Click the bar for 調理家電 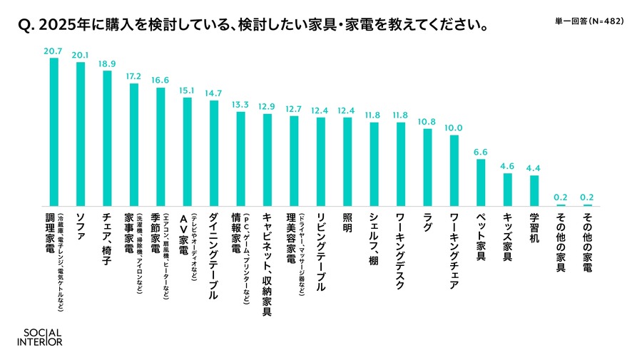point(53,132)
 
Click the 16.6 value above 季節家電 point(160,81)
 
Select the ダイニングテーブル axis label point(213,254)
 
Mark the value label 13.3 point(240,104)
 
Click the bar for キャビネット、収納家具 point(267,160)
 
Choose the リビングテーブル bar point(321,162)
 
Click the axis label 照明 point(347,220)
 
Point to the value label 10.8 point(427,122)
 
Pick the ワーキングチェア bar point(454,170)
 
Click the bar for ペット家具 point(481,182)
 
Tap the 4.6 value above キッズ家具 point(507,165)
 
